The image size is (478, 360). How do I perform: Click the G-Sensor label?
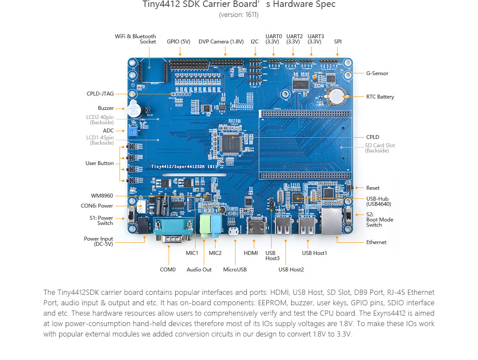pos(377,73)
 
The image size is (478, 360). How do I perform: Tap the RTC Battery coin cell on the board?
pos(336,96)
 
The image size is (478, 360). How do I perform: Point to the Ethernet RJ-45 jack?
pos(332,221)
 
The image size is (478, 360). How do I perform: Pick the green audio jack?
pos(205,225)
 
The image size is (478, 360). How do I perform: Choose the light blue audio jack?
pos(216,225)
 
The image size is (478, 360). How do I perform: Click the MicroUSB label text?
pos(235,270)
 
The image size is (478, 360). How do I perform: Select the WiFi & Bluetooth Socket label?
pos(135,39)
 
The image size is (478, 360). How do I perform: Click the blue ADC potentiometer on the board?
pos(133,131)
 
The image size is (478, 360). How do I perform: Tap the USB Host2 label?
pos(291,270)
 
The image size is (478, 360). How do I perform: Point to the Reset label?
pos(373,188)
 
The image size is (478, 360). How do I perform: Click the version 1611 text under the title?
pos(239,15)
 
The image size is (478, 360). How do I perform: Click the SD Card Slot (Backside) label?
pos(380,148)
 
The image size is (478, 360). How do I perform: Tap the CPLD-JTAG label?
pos(100,94)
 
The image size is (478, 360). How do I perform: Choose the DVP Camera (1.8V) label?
pos(221,42)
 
